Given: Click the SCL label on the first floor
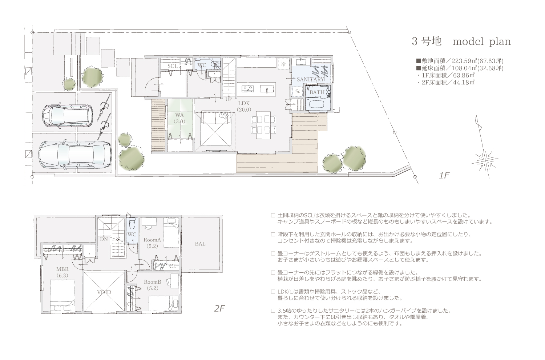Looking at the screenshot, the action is pyautogui.click(x=173, y=66).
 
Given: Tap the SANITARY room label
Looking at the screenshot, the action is pyautogui.click(x=310, y=79).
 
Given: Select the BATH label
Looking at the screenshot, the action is pyautogui.click(x=317, y=92).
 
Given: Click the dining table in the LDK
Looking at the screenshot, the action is pyautogui.click(x=263, y=125).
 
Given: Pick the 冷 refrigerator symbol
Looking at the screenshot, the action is pyautogui.click(x=283, y=64).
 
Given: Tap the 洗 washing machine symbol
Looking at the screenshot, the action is pyautogui.click(x=297, y=91).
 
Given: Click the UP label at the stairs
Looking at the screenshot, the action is pyautogui.click(x=229, y=99).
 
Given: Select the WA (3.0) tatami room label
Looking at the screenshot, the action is pyautogui.click(x=179, y=118).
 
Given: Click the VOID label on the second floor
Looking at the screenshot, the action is pyautogui.click(x=104, y=292).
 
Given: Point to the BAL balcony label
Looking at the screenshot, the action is pyautogui.click(x=200, y=244).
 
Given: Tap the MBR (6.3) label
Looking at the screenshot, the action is pyautogui.click(x=62, y=272).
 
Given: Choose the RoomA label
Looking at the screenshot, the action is pyautogui.click(x=152, y=240).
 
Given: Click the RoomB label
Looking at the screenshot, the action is pyautogui.click(x=153, y=282).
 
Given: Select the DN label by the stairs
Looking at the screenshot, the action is pyautogui.click(x=104, y=239).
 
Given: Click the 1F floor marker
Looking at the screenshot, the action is pyautogui.click(x=444, y=175).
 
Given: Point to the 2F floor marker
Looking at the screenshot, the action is pyautogui.click(x=219, y=309).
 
